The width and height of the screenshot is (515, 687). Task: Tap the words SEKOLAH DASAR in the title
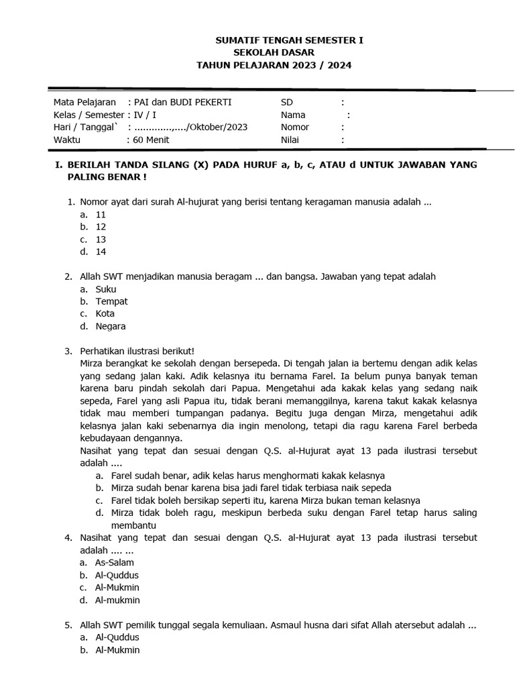pos(273,52)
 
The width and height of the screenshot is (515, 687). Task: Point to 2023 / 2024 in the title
pos(321,65)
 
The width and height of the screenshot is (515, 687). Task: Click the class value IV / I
pos(145,115)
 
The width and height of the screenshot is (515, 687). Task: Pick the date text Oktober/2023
pos(219,127)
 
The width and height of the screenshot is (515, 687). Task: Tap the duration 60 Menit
pos(151,140)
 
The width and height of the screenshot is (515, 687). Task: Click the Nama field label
pos(292,115)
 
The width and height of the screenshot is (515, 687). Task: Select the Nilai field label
pos(290,140)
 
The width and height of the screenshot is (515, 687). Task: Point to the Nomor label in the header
pos(294,127)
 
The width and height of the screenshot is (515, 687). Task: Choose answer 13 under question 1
pos(101,240)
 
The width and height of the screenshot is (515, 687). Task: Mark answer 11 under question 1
pos(101,215)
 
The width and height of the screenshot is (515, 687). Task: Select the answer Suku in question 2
pos(106,289)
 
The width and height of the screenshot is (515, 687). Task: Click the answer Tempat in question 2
pos(111,301)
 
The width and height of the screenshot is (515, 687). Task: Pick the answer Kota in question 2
pos(105,313)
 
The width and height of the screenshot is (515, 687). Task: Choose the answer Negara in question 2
pos(111,326)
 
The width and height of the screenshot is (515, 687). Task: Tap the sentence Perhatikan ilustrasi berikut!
pos(137,351)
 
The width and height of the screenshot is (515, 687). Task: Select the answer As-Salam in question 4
pos(115,562)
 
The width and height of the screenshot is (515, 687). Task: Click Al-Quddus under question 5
pos(117,637)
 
